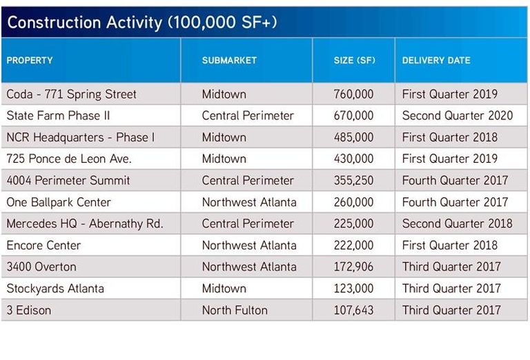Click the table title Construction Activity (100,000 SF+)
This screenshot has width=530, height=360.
tap(142, 23)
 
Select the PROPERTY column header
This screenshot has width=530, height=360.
tap(30, 61)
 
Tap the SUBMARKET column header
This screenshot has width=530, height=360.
tap(229, 61)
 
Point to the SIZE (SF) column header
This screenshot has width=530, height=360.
tap(354, 61)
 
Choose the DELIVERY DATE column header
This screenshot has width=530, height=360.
tap(436, 61)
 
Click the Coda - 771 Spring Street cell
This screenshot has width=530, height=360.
tap(71, 94)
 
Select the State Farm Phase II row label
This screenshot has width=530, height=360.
tap(58, 115)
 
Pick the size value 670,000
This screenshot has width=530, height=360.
tap(353, 116)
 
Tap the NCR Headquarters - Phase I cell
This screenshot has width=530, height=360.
tap(81, 137)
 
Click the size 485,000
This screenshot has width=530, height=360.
tap(353, 137)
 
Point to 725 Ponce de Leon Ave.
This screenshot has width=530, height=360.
tap(69, 159)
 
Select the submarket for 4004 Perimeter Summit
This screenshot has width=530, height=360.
tap(248, 180)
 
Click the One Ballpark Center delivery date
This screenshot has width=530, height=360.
tap(455, 202)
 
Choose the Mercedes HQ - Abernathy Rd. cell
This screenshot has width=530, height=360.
tap(85, 223)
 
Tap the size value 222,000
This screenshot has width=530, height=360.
tap(353, 246)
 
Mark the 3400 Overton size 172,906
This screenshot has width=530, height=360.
tap(353, 267)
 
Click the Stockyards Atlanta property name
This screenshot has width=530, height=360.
tap(55, 288)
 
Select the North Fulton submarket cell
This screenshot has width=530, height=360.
tap(235, 310)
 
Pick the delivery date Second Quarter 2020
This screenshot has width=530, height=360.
tap(458, 115)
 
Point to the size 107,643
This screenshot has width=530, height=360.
tap(353, 310)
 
